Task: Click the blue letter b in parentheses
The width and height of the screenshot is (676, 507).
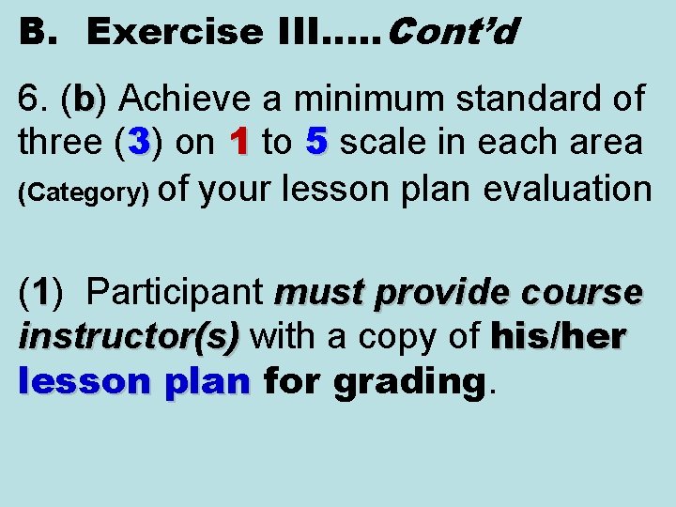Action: [84, 98]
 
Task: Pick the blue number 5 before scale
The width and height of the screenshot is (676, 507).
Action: [316, 143]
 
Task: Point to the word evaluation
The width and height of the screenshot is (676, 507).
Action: [566, 188]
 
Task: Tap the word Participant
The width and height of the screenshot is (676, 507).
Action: [174, 293]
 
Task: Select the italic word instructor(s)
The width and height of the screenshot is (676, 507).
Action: [129, 336]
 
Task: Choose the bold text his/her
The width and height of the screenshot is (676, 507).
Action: [558, 336]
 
